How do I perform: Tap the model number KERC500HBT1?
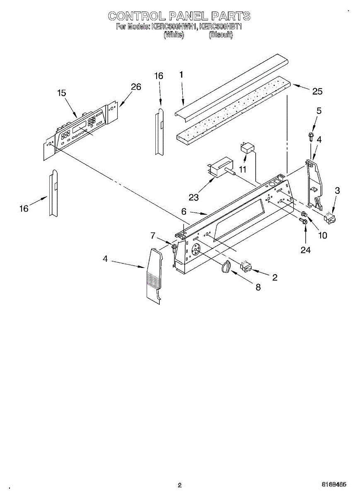[x=220, y=27]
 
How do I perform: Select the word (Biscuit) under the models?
[x=221, y=35]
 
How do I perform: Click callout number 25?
[x=317, y=92]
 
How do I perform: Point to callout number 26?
[x=136, y=87]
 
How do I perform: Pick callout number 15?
[x=61, y=93]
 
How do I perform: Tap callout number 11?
[x=242, y=169]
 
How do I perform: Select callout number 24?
[x=306, y=250]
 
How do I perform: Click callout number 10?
[x=322, y=235]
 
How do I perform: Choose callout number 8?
[x=258, y=287]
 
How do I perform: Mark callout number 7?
[x=153, y=236]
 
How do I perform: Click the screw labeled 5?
[x=311, y=136]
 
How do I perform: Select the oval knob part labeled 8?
[x=226, y=267]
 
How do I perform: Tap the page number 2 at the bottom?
[x=179, y=485]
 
